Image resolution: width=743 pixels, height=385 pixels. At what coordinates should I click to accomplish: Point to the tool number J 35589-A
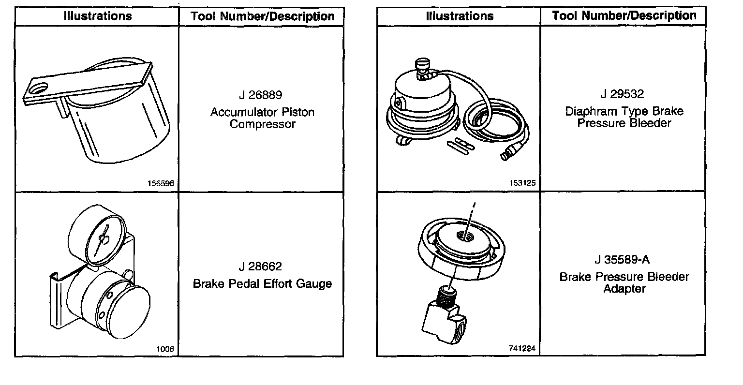(623, 260)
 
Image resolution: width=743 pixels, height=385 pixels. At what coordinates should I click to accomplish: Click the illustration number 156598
(161, 184)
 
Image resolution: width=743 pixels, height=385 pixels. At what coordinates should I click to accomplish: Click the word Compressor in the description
(262, 125)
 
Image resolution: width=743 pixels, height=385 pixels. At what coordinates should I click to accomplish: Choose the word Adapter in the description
(624, 289)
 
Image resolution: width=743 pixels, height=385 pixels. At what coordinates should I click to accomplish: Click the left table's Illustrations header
(98, 16)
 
